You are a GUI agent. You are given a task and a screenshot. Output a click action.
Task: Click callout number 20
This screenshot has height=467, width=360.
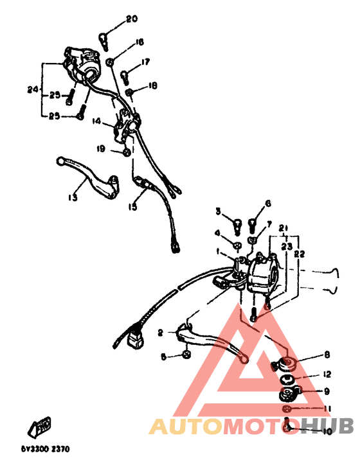tap(131, 19)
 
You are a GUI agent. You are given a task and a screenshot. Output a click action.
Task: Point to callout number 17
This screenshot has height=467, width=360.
tap(146, 62)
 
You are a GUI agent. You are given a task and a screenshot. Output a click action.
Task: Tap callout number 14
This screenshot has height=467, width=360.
tap(96, 120)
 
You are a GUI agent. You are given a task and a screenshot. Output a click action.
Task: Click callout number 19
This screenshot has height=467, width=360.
tap(101, 149)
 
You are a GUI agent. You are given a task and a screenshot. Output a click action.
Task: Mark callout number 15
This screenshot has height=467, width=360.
tap(132, 207)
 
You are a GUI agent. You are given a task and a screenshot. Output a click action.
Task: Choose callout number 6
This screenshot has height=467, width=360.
tap(267, 203)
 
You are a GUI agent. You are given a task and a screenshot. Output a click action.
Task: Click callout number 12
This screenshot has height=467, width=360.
tap(327, 374)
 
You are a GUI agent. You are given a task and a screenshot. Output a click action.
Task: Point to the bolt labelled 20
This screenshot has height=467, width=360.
tap(104, 40)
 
